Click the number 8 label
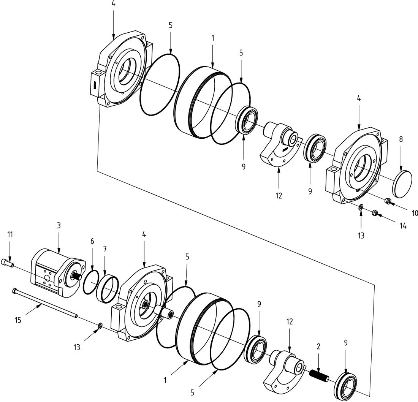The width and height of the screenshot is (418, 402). click(x=401, y=139)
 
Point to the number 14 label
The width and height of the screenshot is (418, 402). click(x=403, y=226)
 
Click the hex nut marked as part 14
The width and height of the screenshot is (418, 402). click(x=374, y=214)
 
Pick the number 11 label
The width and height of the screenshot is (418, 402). click(x=10, y=234)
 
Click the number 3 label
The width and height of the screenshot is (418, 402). click(x=59, y=225)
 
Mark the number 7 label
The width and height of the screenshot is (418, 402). click(x=105, y=248)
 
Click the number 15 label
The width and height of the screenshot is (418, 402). click(x=18, y=320)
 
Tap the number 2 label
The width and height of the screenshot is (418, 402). click(x=318, y=346)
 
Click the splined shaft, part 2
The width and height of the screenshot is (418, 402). click(x=320, y=376)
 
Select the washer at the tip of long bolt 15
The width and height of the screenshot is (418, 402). click(x=100, y=325)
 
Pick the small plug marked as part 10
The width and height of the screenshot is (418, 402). click(x=388, y=201)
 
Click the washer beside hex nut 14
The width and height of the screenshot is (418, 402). click(x=361, y=207)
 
